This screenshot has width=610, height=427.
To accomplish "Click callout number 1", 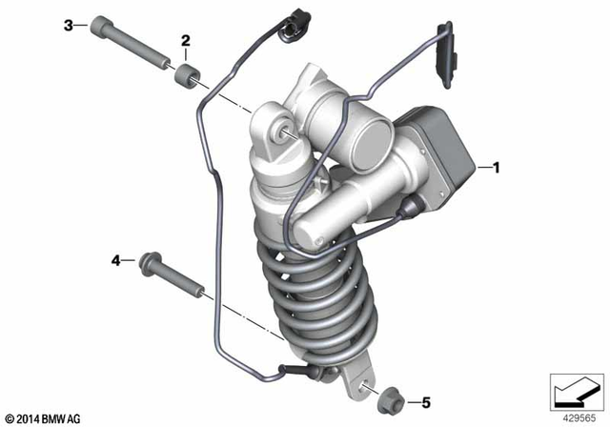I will click(495, 167).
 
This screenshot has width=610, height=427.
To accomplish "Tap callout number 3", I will click(68, 25).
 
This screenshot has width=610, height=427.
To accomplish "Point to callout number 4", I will click(116, 259).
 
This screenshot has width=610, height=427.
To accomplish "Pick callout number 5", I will click(426, 401).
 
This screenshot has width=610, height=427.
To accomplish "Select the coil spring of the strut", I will click(305, 286).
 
